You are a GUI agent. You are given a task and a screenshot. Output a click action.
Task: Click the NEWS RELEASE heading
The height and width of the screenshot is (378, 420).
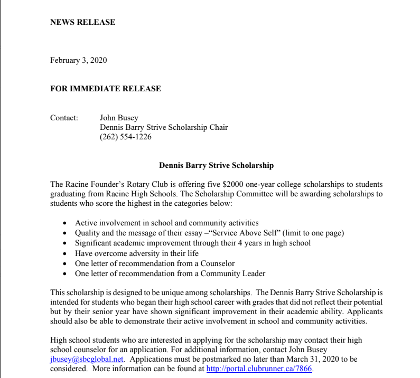82,22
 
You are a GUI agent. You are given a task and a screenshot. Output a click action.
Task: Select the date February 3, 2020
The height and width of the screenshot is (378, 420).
78,60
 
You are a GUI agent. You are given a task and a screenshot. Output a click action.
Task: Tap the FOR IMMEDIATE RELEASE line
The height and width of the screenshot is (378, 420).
106,89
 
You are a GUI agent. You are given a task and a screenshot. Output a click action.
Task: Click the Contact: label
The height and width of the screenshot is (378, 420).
64,118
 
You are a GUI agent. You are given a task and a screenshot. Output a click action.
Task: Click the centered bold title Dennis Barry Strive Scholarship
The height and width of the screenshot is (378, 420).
217,165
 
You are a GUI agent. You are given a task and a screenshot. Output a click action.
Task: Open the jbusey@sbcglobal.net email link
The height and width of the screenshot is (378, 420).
87,359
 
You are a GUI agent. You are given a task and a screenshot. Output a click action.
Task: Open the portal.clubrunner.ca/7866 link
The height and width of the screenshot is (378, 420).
259,368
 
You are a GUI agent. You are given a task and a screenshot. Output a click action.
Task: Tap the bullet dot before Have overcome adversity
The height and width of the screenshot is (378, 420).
64,253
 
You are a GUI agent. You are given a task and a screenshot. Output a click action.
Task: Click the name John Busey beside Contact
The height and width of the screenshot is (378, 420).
119,118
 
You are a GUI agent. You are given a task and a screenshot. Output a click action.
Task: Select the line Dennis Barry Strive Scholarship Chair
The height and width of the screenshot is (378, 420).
164,127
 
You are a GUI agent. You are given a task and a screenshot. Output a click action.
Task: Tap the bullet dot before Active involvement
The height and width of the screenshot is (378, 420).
64,223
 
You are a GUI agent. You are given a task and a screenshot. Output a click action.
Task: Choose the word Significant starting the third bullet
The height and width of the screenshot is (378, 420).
94,243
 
